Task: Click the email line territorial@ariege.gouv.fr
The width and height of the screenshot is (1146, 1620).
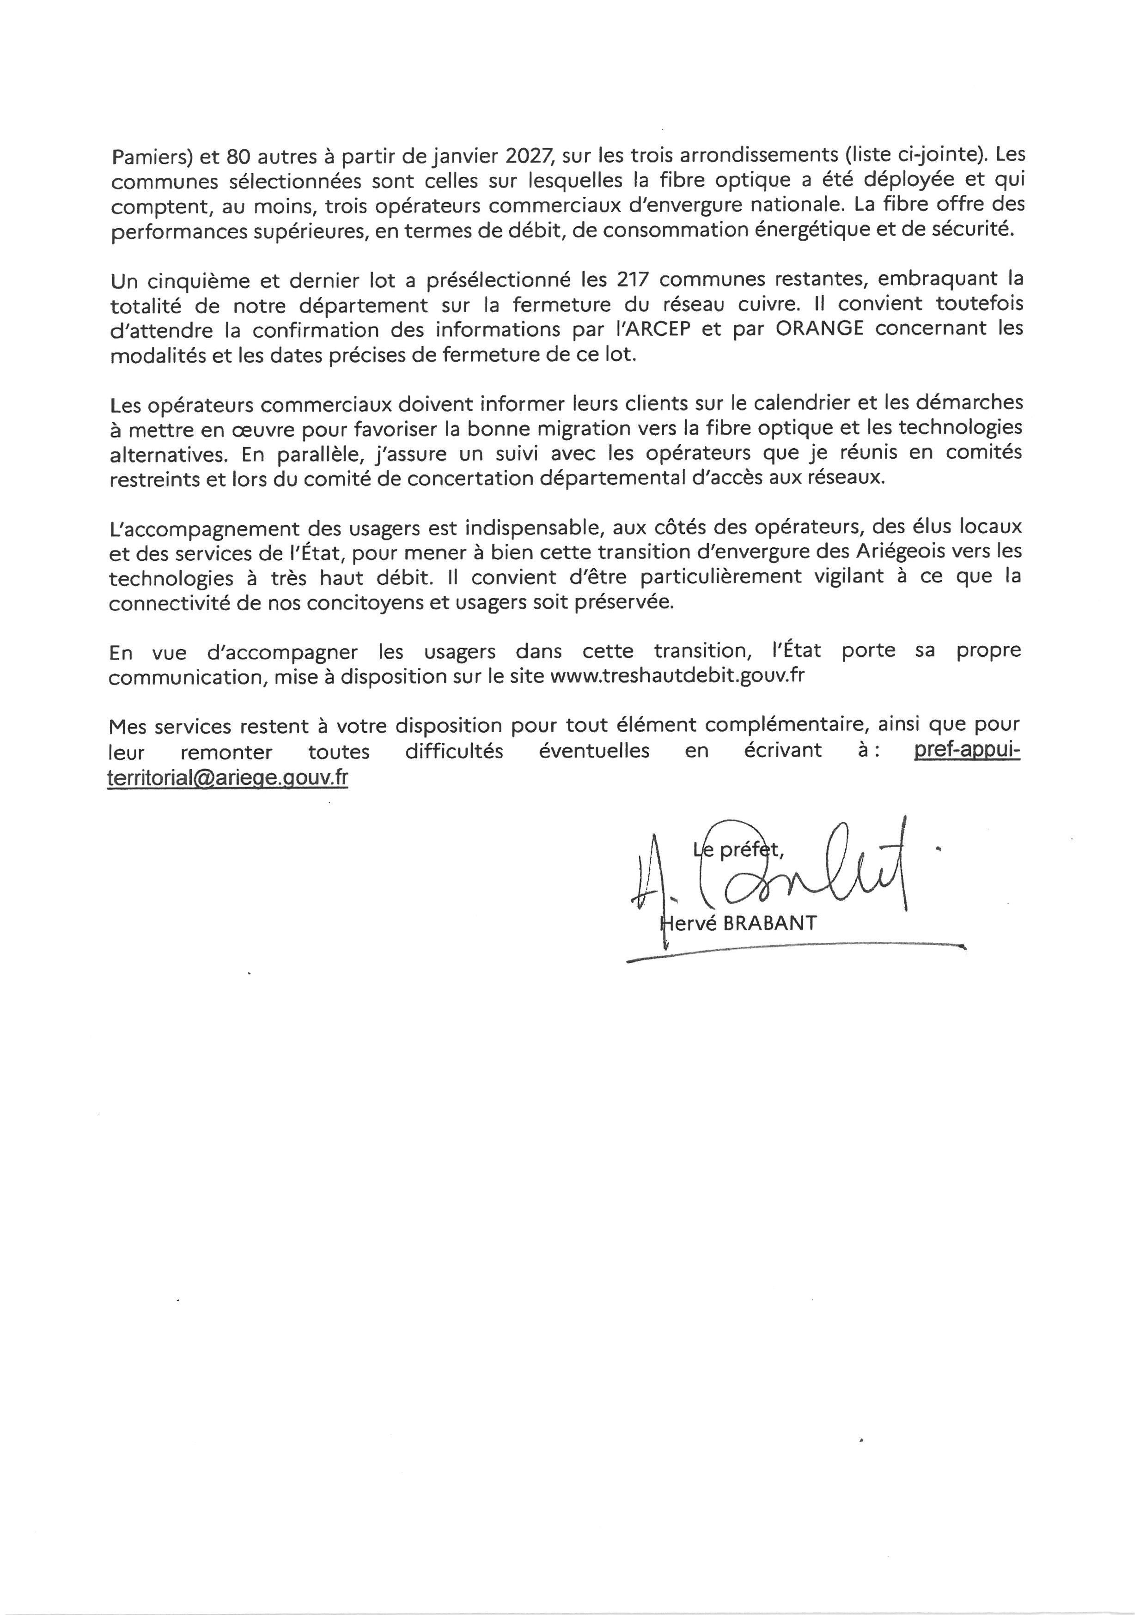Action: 228,777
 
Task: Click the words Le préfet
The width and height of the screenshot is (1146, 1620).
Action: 738,849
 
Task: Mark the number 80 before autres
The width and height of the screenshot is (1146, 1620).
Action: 240,156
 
